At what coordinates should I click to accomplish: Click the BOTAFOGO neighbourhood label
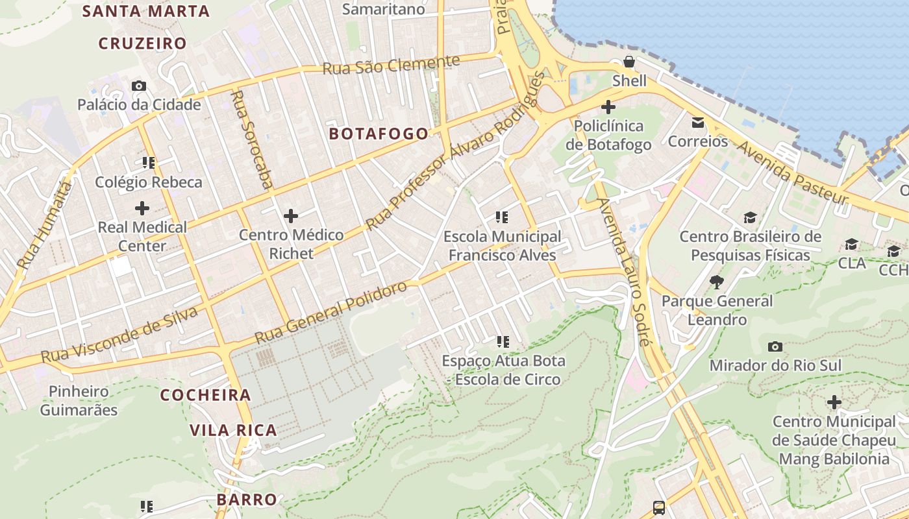379,134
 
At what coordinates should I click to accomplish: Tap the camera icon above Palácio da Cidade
138,86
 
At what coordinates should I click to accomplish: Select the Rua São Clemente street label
392,66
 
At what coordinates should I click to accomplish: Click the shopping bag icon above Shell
629,62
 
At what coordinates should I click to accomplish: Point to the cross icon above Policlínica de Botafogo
608,106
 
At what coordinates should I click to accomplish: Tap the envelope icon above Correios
698,122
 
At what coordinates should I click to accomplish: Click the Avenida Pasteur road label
792,173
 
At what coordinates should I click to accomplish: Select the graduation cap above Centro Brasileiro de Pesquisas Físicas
751,217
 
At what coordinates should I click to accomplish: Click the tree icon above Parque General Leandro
717,282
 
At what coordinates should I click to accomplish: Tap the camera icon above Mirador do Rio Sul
775,346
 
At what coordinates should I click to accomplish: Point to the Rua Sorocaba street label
252,139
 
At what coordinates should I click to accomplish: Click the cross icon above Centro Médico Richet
291,215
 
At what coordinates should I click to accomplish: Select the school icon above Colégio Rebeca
149,163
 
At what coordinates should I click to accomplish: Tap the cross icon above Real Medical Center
142,208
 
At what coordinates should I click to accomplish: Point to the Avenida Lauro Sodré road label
623,272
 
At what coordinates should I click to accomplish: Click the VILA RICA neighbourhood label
233,430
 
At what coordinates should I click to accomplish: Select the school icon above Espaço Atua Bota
503,341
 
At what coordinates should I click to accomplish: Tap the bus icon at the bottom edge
658,507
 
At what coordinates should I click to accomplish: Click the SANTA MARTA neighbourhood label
146,11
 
